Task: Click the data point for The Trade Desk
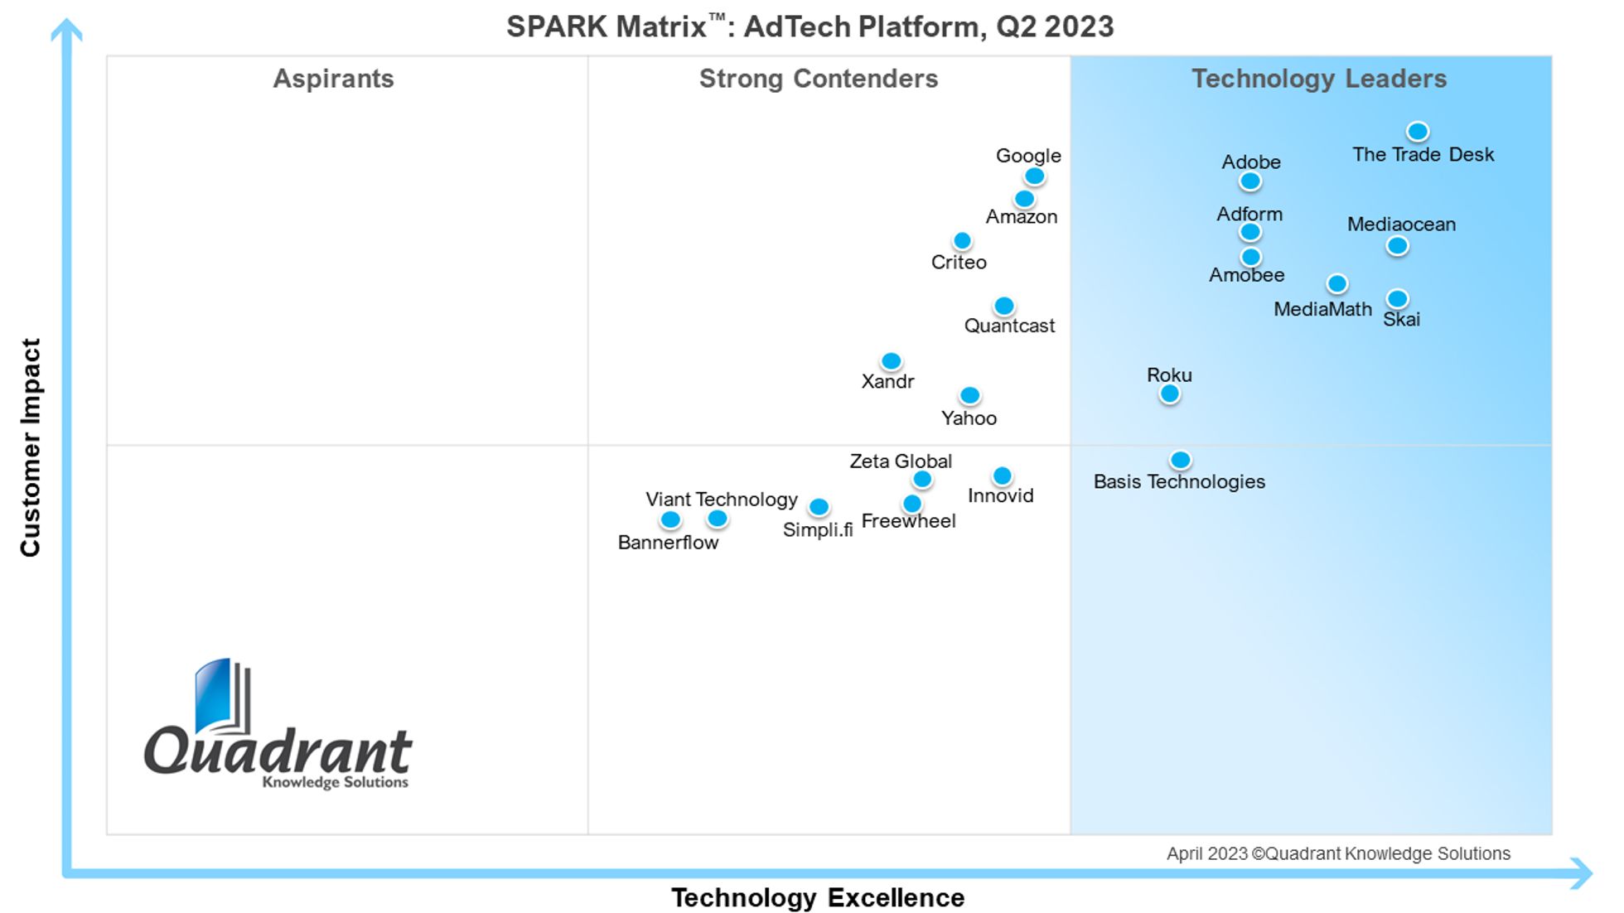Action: [1418, 131]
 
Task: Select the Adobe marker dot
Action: [1250, 181]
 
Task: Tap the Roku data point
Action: [1169, 394]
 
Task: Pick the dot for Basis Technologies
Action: [1180, 460]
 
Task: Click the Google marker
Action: [1034, 176]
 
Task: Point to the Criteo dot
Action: [962, 240]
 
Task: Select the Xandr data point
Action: [891, 361]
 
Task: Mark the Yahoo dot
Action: [969, 395]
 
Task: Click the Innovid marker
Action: [1002, 476]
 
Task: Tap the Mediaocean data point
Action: [1397, 245]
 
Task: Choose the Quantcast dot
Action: [1003, 306]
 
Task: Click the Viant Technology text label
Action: [721, 500]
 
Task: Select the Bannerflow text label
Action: [668, 543]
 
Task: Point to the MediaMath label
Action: [1322, 310]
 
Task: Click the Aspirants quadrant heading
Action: [333, 79]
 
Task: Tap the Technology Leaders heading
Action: [1318, 79]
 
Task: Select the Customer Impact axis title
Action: [31, 447]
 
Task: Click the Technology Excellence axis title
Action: [817, 897]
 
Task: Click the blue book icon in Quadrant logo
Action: [214, 696]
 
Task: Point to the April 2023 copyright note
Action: [1337, 853]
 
